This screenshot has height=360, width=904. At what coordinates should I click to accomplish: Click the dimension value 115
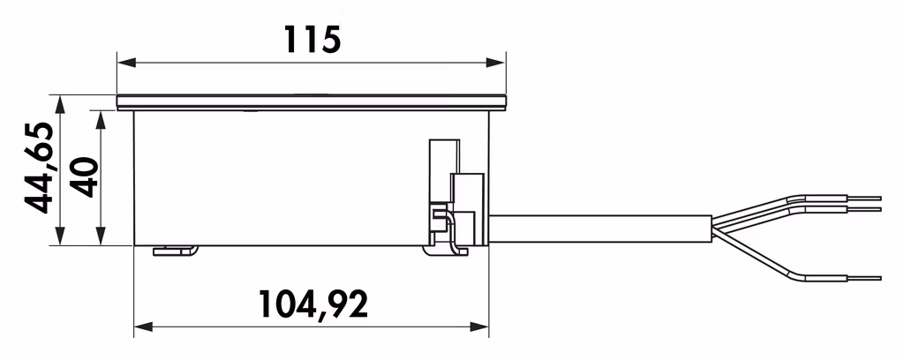[311, 39]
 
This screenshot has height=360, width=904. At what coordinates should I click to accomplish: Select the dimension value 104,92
[313, 304]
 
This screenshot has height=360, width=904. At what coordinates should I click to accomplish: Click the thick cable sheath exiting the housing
[600, 229]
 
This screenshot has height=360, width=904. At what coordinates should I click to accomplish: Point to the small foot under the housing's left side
[175, 251]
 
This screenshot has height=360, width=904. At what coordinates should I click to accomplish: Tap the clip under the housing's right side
[446, 250]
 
